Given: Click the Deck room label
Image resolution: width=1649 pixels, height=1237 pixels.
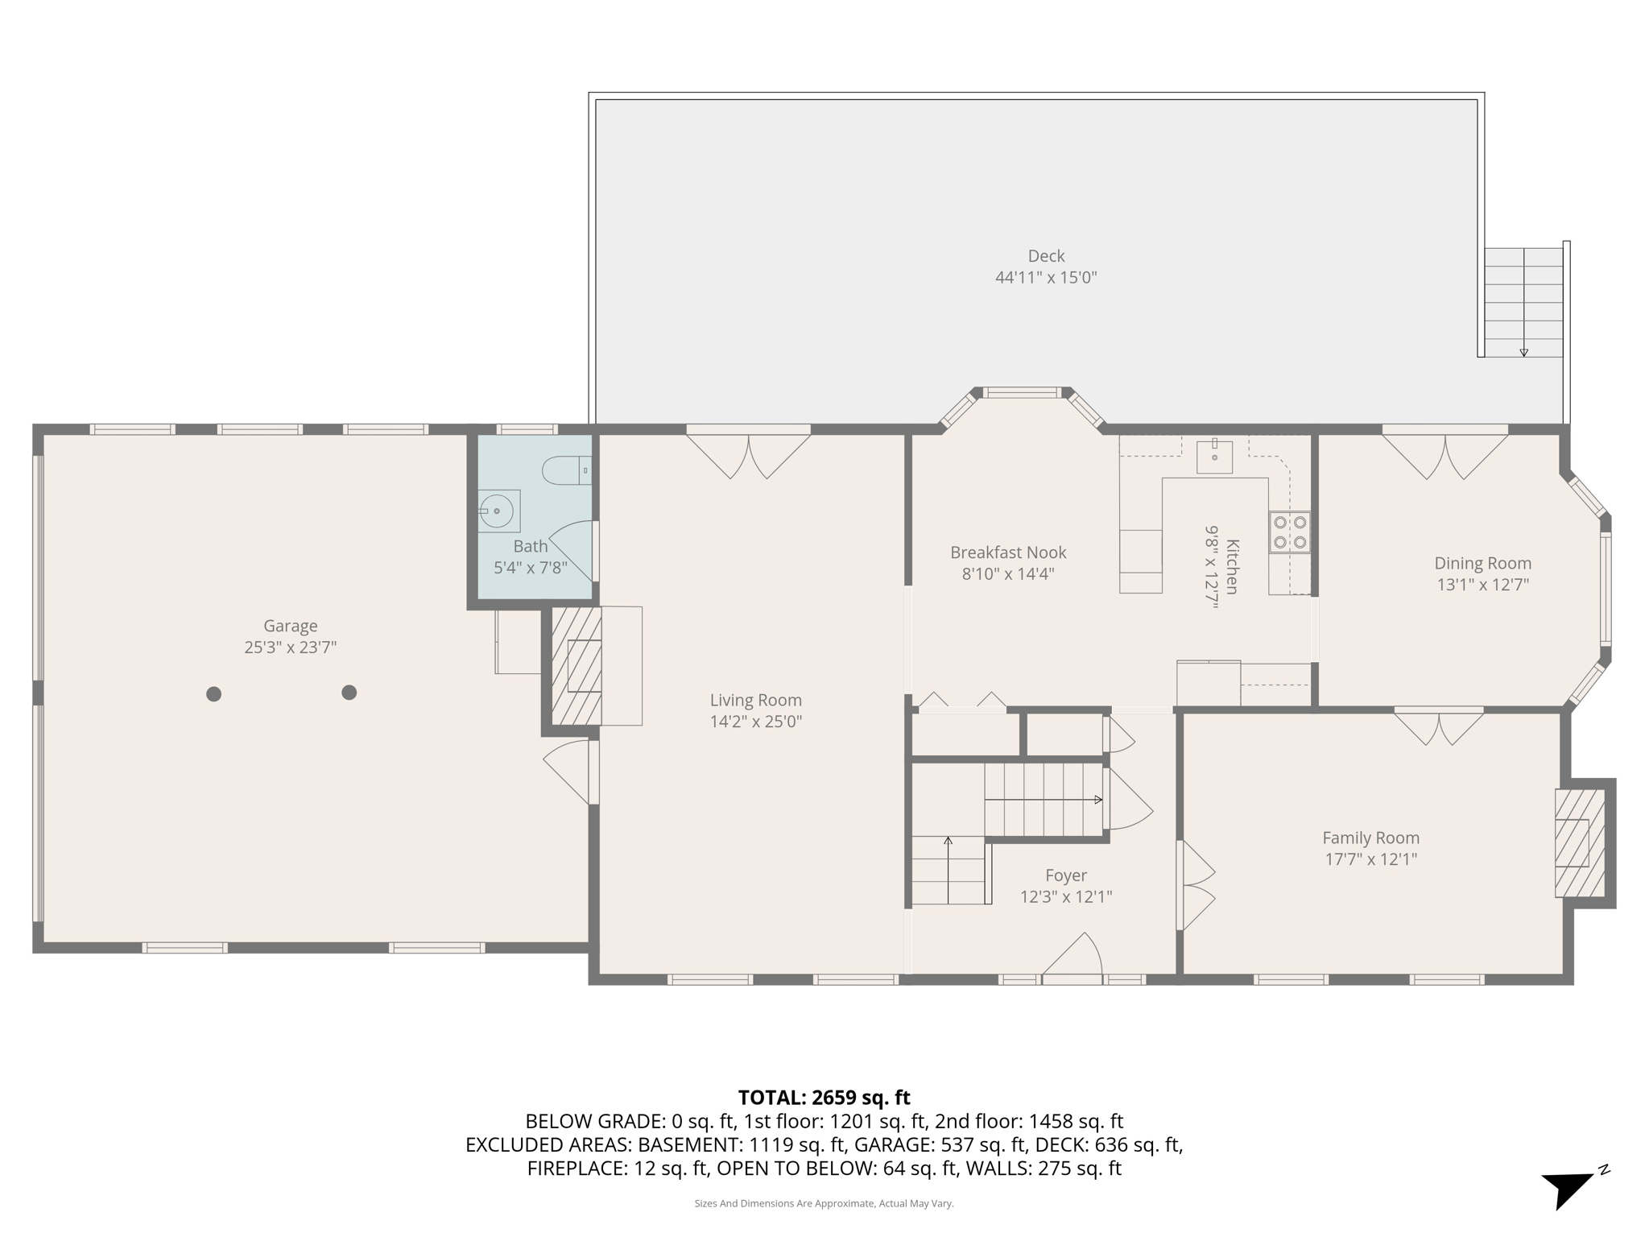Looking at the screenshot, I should pyautogui.click(x=1046, y=256).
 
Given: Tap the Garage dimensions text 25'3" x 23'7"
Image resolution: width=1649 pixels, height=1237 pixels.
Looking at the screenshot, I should pyautogui.click(x=290, y=647).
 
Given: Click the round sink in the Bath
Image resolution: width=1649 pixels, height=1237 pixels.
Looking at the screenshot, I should pyautogui.click(x=497, y=511).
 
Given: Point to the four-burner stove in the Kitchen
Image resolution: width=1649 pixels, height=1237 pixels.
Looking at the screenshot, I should pyautogui.click(x=1289, y=532).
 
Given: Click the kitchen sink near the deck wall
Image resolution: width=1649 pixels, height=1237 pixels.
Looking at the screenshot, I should pyautogui.click(x=1214, y=457).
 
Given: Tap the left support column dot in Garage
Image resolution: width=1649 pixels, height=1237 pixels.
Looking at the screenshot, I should pyautogui.click(x=213, y=693).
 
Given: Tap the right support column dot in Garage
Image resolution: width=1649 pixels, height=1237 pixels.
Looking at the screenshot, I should pyautogui.click(x=349, y=692).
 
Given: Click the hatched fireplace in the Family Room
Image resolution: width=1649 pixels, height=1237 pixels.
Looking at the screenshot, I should pyautogui.click(x=1579, y=842).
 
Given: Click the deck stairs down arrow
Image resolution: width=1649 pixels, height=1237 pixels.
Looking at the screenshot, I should pyautogui.click(x=1523, y=351).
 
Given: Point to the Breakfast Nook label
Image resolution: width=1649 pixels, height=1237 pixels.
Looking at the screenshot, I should pyautogui.click(x=1008, y=552).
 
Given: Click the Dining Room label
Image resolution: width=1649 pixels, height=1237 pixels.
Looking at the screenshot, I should pyautogui.click(x=1482, y=564).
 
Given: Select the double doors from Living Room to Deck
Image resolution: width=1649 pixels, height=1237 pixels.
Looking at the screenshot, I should pyautogui.click(x=749, y=456).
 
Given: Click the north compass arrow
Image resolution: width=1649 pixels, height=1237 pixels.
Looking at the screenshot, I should pyautogui.click(x=1568, y=1187).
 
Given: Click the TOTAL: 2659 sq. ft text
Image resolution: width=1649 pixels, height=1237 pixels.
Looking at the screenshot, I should pyautogui.click(x=824, y=1098).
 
